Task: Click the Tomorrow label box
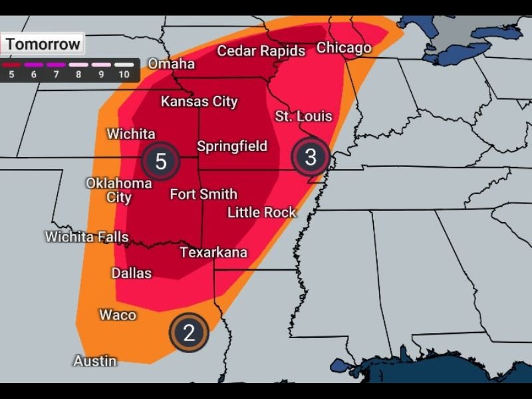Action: pyautogui.click(x=43, y=45)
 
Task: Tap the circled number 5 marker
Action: pyautogui.click(x=160, y=161)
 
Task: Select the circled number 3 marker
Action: pyautogui.click(x=311, y=157)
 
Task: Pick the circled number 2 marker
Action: pyautogui.click(x=189, y=332)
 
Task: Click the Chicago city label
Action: pyautogui.click(x=344, y=48)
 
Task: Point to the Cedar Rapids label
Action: pyautogui.click(x=261, y=51)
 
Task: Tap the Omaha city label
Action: pyautogui.click(x=171, y=64)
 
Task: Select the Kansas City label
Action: pyautogui.click(x=199, y=102)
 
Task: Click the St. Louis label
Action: pyautogui.click(x=303, y=116)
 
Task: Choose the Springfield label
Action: pyautogui.click(x=232, y=146)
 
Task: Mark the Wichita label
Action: pyautogui.click(x=131, y=134)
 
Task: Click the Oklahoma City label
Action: pyautogui.click(x=119, y=190)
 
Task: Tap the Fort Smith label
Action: pyautogui.click(x=203, y=194)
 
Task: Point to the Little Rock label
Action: pyautogui.click(x=261, y=213)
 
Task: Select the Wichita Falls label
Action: pyautogui.click(x=86, y=237)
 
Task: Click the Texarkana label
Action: pyautogui.click(x=213, y=253)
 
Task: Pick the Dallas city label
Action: pyautogui.click(x=131, y=273)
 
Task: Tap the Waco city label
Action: pyautogui.click(x=118, y=315)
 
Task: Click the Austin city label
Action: pyautogui.click(x=94, y=361)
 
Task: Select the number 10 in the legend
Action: pyautogui.click(x=124, y=74)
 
